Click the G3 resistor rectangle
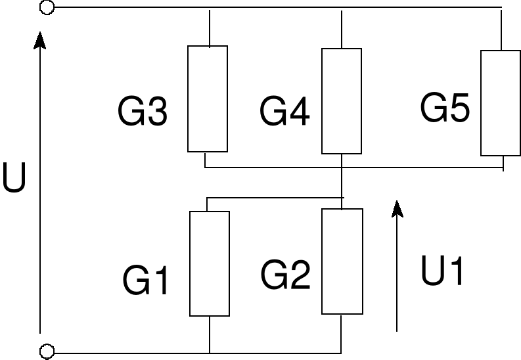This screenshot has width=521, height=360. (x=208, y=99)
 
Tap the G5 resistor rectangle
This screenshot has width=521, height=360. (x=501, y=103)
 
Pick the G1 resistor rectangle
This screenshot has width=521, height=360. (x=210, y=263)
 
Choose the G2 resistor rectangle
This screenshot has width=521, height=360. (x=342, y=261)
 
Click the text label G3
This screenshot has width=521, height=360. (x=143, y=112)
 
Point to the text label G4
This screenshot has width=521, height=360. (x=284, y=112)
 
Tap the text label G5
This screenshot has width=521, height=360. (x=445, y=108)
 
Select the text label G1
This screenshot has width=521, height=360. (x=146, y=281)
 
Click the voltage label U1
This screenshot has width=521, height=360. (x=443, y=271)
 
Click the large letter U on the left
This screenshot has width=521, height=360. (x=14, y=178)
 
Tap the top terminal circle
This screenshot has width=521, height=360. (x=47, y=7)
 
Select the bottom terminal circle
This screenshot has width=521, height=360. (x=47, y=352)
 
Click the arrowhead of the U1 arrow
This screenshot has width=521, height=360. (x=397, y=208)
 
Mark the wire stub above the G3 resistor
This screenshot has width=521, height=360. (x=209, y=27)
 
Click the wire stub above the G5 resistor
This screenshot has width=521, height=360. (x=501, y=29)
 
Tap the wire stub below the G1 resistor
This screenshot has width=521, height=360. (x=210, y=334)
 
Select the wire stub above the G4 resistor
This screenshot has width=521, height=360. (x=342, y=28)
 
